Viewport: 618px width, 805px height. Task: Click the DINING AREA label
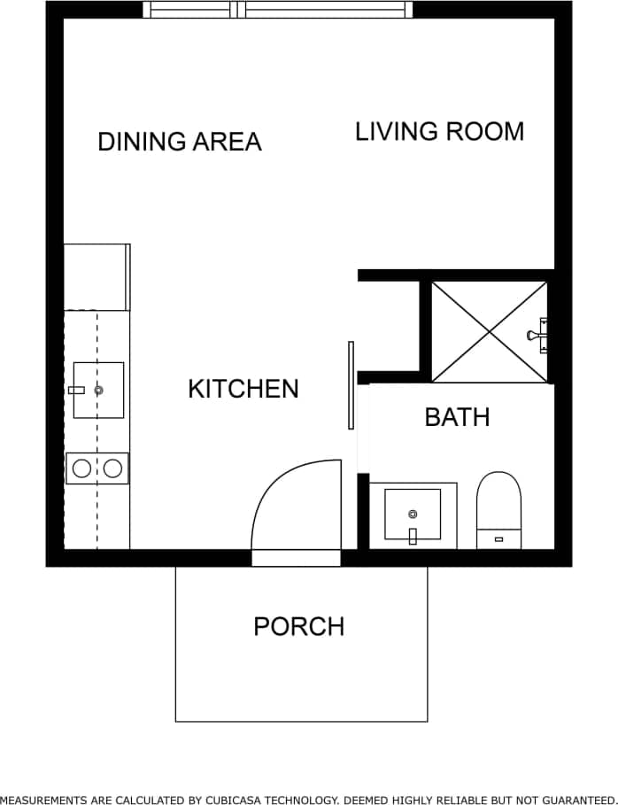(180, 142)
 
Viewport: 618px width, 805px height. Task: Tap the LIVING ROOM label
(439, 131)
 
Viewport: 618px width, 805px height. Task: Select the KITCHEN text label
(243, 389)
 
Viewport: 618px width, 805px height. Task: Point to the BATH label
(457, 417)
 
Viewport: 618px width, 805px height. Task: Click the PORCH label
(298, 626)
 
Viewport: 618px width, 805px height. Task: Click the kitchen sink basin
(98, 390)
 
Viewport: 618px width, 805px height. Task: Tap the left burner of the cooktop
(81, 468)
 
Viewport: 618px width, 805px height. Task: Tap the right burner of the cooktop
(112, 468)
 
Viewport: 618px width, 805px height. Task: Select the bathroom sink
(413, 515)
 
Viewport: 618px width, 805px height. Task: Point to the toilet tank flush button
(498, 538)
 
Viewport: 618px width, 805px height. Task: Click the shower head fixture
(538, 335)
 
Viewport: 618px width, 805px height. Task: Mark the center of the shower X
(489, 332)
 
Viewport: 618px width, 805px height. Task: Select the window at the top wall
(278, 10)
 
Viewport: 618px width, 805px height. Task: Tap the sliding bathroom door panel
(351, 385)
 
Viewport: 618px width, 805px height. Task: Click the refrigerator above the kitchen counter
(97, 276)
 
